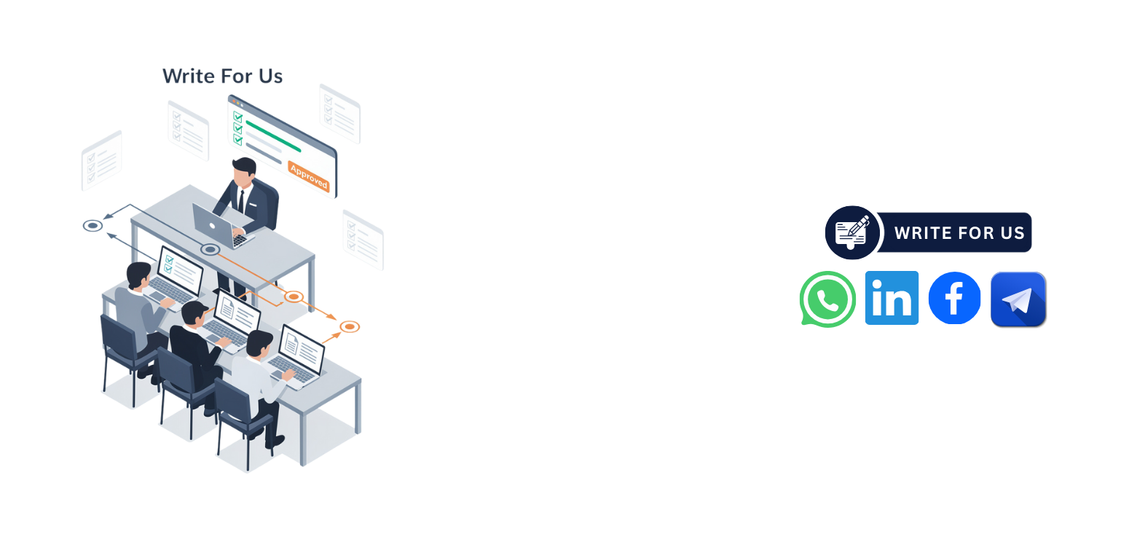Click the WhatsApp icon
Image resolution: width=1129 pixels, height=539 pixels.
tap(827, 299)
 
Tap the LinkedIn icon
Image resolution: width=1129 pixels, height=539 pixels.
tap(892, 298)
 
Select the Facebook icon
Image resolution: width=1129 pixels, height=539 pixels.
tap(954, 298)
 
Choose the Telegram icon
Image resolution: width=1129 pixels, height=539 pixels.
tap(1018, 299)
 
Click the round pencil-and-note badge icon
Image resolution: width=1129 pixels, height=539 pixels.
tap(852, 232)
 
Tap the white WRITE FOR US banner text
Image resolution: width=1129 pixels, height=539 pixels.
tap(959, 233)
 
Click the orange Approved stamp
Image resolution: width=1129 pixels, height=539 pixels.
tap(309, 176)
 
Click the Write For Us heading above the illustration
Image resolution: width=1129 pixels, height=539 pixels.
tap(222, 76)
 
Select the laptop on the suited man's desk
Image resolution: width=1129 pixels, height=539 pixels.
tap(221, 226)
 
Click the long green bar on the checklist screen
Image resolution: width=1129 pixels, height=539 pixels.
tap(273, 136)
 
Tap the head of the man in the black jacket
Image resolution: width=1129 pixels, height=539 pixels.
tap(194, 313)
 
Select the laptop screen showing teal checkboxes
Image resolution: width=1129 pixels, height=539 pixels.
tap(180, 267)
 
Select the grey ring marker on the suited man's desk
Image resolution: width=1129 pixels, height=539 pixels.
tap(211, 249)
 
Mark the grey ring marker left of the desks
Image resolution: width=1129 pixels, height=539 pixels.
tap(93, 225)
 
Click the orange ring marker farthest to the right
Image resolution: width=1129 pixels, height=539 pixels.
tap(350, 327)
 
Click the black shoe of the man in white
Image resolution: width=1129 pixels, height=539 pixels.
tap(275, 442)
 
